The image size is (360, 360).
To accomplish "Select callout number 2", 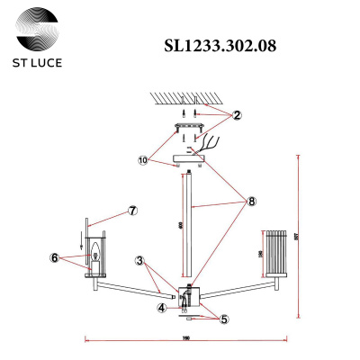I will [x=237, y=115].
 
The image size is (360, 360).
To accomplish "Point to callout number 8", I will [x=253, y=202].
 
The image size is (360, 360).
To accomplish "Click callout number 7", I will [x=132, y=211].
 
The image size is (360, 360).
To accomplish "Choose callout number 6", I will [x=56, y=257].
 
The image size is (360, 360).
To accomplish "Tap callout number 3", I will [x=140, y=261].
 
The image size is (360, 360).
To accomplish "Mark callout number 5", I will [x=225, y=318].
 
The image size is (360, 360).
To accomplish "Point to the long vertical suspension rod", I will [x=188, y=225].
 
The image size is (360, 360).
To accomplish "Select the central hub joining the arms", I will [x=188, y=297].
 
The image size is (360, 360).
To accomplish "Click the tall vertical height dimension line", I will [x=299, y=234].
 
